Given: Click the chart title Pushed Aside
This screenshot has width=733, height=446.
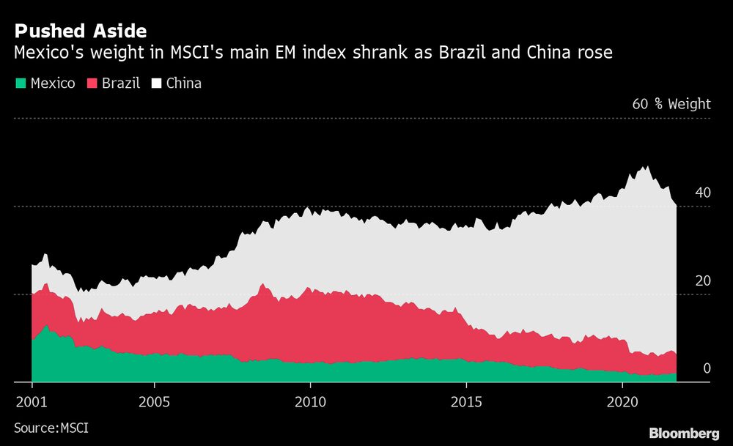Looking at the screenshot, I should (x=80, y=31).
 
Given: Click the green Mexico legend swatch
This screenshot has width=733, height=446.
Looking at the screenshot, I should (x=20, y=83).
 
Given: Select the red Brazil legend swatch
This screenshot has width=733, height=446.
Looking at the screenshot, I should (x=92, y=83).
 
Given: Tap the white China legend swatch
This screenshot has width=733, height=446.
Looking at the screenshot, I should (x=156, y=83).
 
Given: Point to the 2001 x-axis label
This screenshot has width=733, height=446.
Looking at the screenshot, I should (x=32, y=403).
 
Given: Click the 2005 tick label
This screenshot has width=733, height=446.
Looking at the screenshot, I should (x=155, y=403).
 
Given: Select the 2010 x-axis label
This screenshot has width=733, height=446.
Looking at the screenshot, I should (x=310, y=403).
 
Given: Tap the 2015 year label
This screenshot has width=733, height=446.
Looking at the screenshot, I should (x=466, y=403).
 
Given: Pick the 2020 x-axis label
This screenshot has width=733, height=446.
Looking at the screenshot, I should (x=622, y=403).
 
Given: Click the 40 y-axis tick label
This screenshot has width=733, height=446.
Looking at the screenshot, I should (x=703, y=193).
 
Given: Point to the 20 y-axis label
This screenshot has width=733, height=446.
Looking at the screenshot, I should (x=703, y=281).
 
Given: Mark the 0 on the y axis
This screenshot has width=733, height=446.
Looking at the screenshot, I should (x=707, y=368).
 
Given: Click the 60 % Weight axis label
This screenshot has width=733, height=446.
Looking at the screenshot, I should (x=671, y=104).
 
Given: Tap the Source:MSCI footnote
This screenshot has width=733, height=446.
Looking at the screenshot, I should (x=51, y=426).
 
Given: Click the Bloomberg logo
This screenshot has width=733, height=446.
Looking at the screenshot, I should (x=684, y=432).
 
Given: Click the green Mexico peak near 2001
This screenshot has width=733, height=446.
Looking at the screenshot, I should (x=47, y=327).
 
